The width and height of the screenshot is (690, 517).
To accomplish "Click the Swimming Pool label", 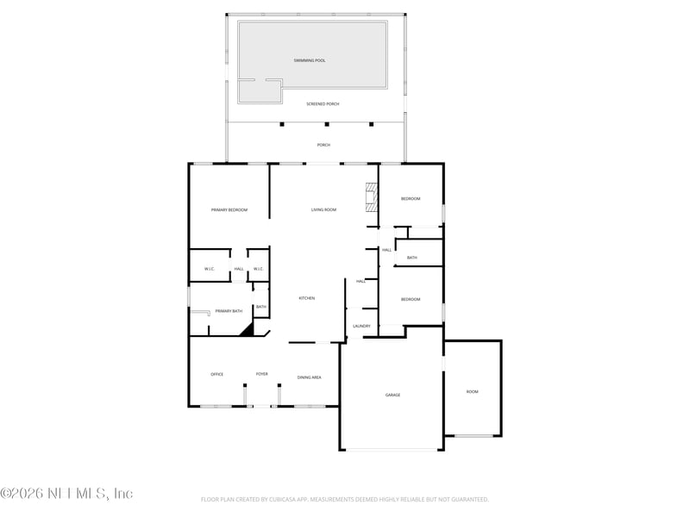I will pos(309,60).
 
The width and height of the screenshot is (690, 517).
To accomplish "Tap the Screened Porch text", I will pos(323,103).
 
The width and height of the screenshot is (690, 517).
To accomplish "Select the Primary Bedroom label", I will pos(229,209).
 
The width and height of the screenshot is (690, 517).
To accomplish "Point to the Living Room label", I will pos(323,209).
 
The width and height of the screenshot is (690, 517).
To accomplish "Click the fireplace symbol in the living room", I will pos(371,196).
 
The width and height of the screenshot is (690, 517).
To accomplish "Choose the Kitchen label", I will pos(307,298).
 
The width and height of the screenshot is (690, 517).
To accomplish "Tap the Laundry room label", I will pos(362,326).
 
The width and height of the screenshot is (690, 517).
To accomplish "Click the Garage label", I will pos(392,395).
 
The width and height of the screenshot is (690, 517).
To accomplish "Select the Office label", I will pos(217,374).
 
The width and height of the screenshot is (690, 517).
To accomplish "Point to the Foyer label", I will pos(261,374).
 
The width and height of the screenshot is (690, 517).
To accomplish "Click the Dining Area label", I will pos(310,377).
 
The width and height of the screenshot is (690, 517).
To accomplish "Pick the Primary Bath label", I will pos(229,311).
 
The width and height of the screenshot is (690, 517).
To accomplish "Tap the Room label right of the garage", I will pos(472,392).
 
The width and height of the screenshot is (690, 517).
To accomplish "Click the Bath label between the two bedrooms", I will pos(412,258).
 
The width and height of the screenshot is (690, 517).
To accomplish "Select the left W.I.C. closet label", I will pos(210,269).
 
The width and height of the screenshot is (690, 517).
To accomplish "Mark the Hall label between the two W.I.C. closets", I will pos(239,269).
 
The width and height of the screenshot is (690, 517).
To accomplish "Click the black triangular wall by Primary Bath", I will pos(247,329).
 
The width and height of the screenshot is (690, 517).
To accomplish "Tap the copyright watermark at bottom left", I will pos(66,494).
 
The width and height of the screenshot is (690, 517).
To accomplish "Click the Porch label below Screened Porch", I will pos(323,145).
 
